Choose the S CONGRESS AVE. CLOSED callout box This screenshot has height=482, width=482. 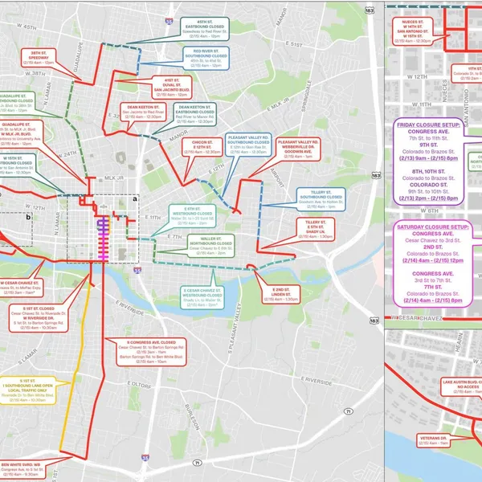coord(145,352)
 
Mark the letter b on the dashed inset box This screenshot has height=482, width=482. coord(28,216)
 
